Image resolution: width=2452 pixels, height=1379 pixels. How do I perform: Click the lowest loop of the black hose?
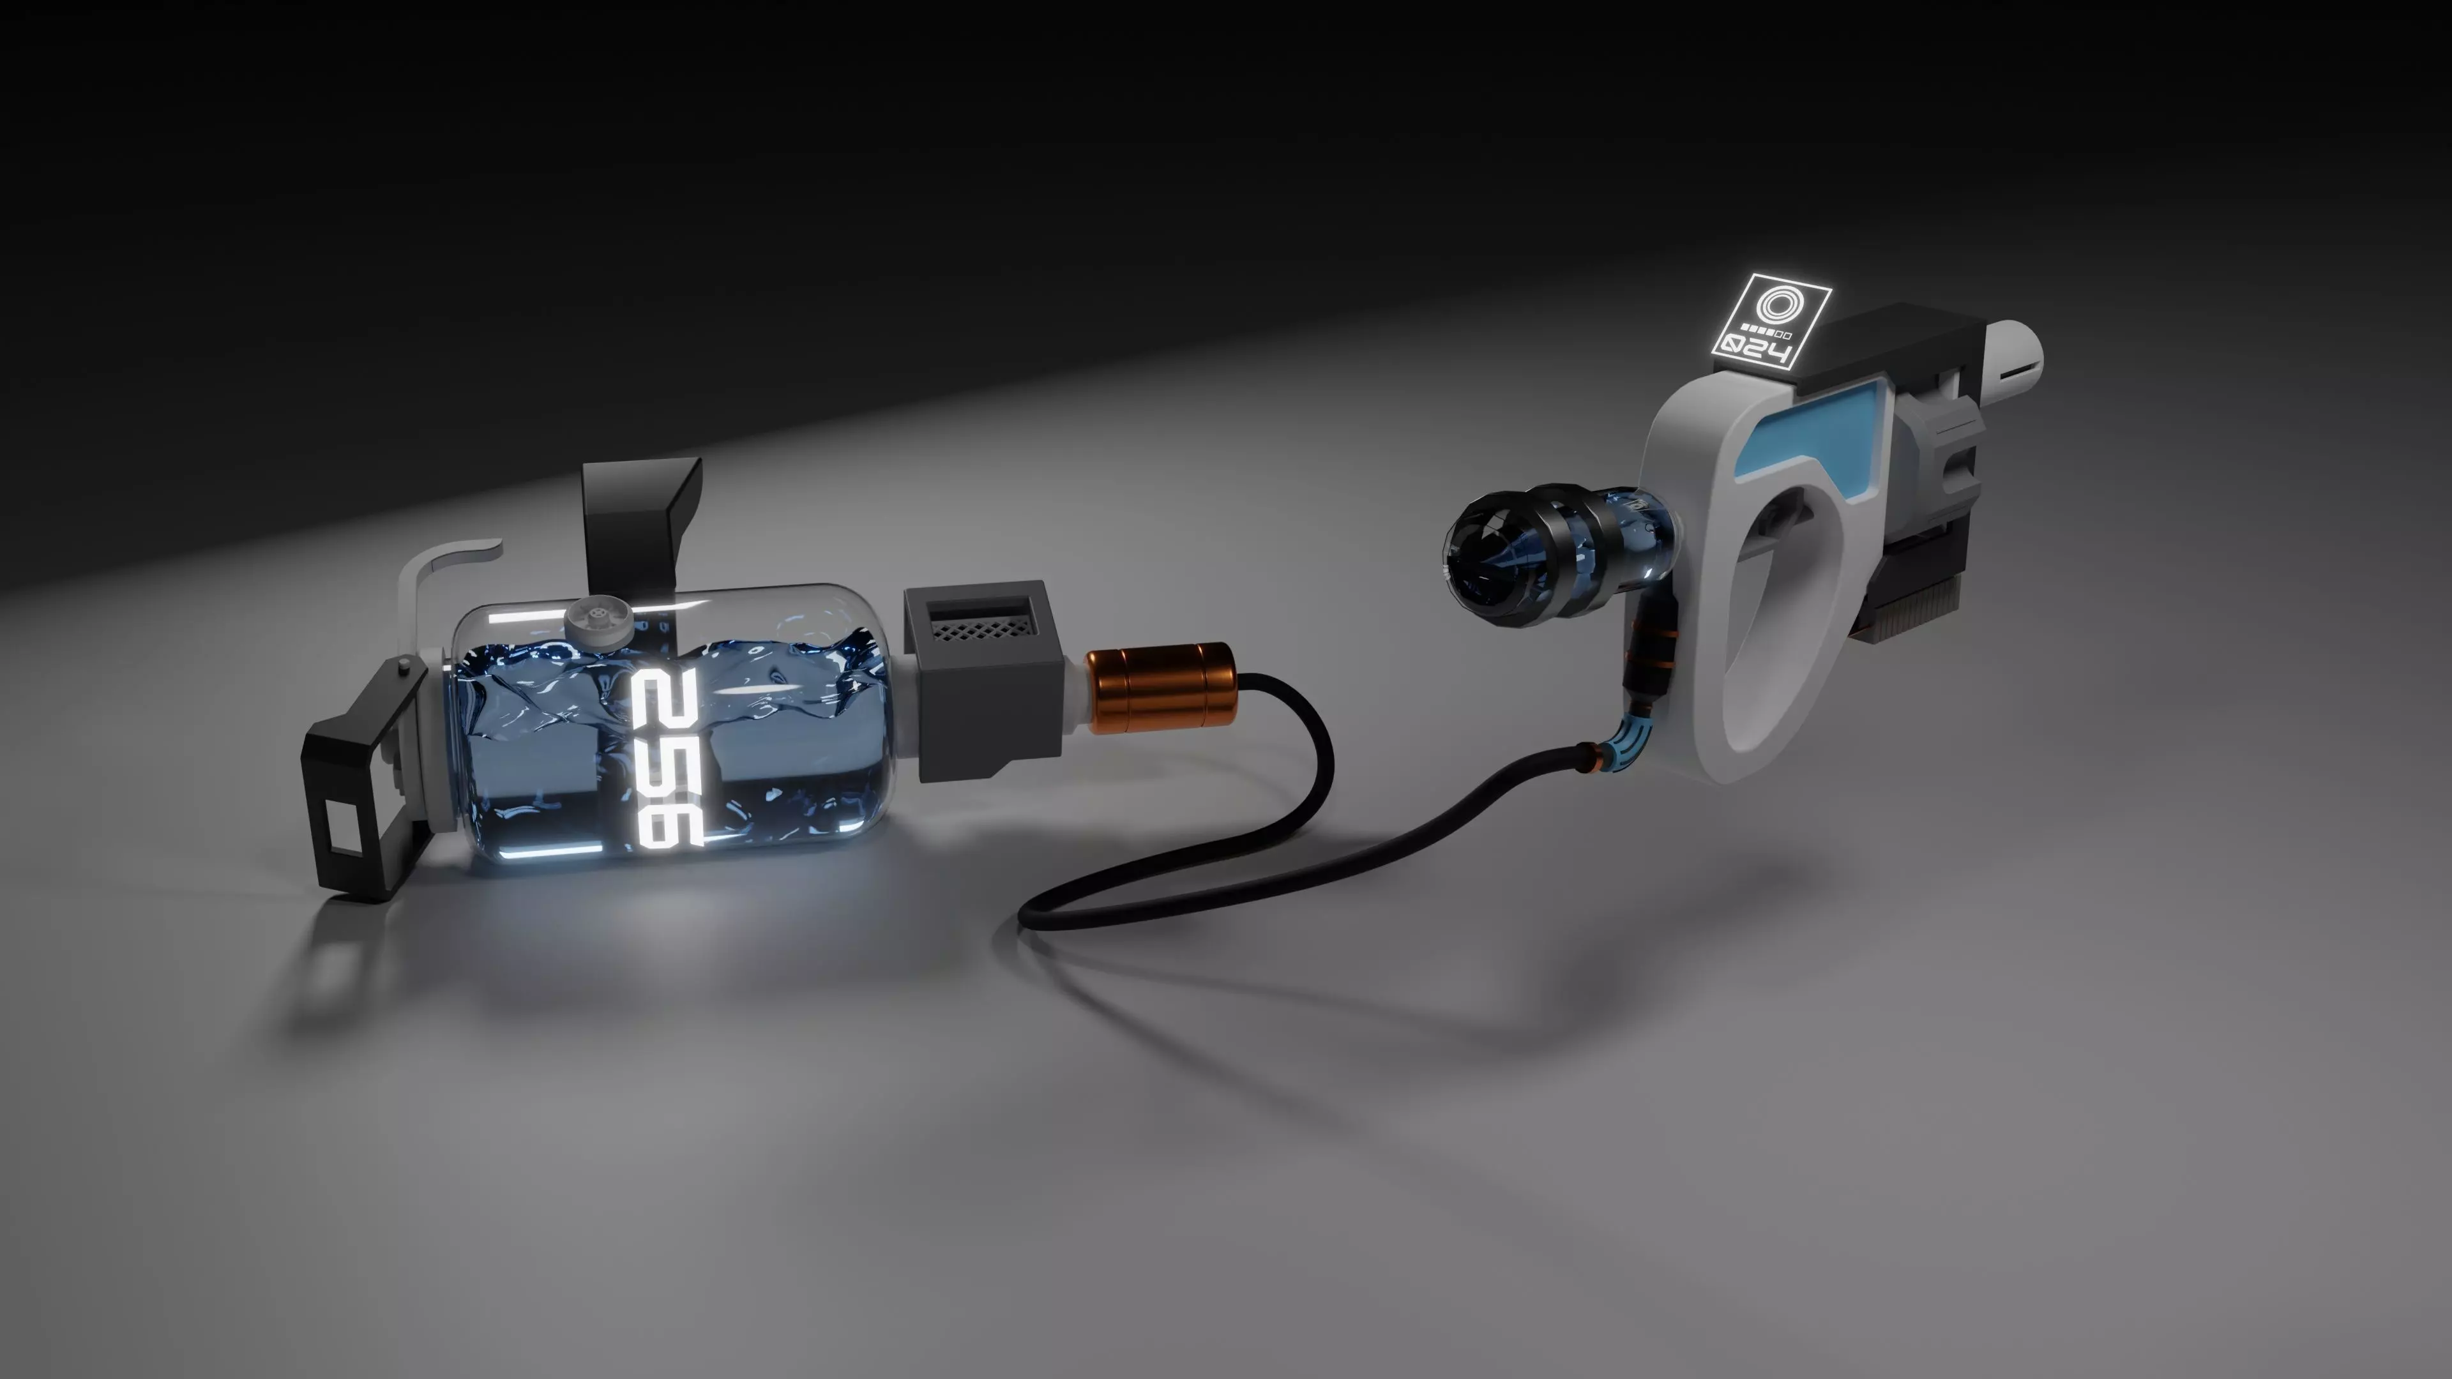(1047, 919)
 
